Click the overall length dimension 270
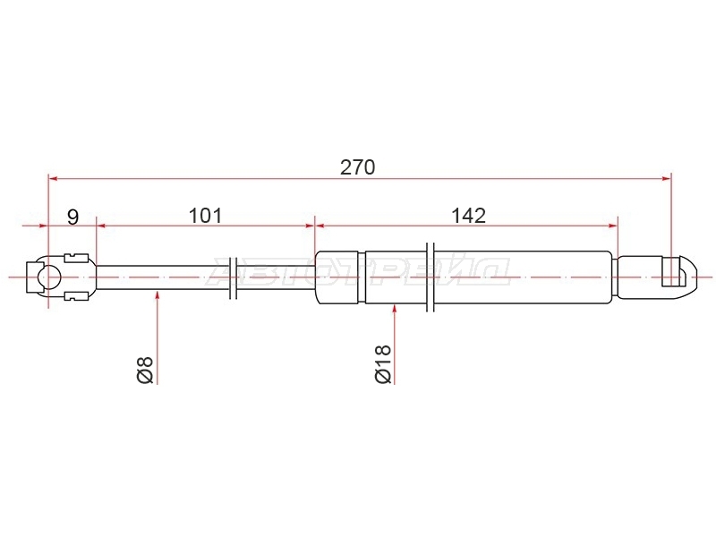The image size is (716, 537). coord(357,167)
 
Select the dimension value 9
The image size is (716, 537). coord(73,217)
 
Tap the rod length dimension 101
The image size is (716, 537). coord(206,216)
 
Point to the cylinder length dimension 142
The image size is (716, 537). coord(468,216)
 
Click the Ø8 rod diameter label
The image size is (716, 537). coord(145,370)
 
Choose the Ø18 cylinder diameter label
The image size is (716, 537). coord(383,364)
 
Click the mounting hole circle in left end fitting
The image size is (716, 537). coord(49,277)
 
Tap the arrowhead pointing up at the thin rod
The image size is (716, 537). coord(158,296)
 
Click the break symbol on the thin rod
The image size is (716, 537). coord(233,277)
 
